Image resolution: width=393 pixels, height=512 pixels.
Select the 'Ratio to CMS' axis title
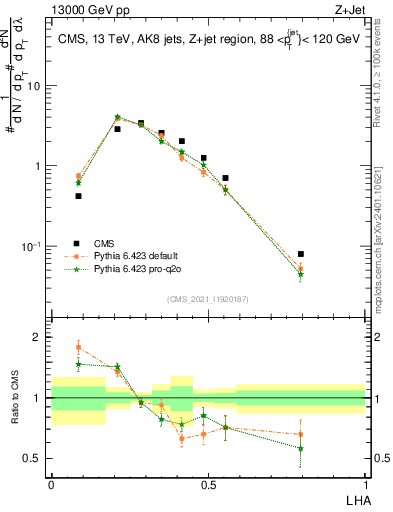(14, 398)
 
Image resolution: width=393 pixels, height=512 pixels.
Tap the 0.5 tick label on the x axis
(208, 484)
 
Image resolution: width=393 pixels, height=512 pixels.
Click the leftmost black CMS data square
(78, 196)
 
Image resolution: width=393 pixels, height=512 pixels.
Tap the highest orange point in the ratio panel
(78, 347)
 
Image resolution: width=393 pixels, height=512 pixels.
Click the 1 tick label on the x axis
(365, 484)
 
